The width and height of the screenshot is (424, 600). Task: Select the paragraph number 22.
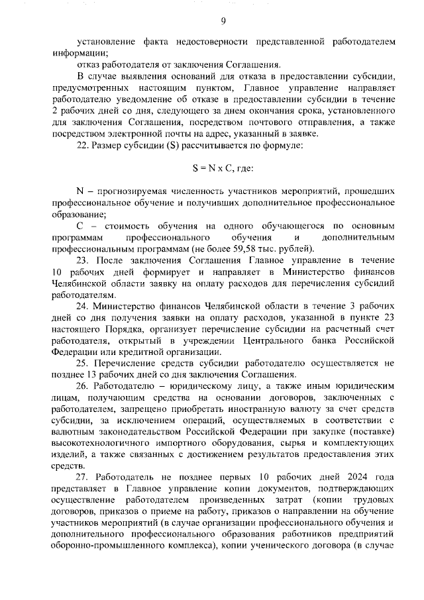point(83,145)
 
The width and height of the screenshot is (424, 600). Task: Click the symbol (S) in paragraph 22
point(164,145)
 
